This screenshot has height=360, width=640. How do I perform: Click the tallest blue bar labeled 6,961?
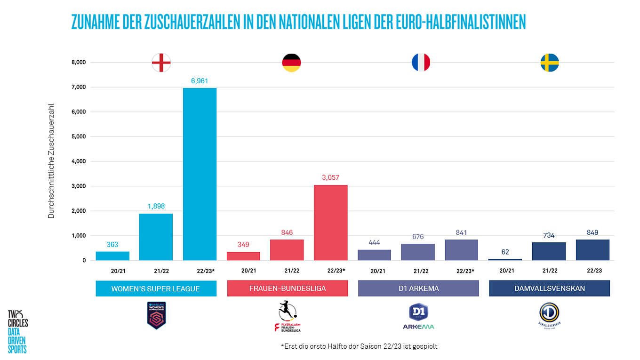[x=200, y=174]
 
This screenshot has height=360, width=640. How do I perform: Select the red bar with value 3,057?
[x=330, y=223]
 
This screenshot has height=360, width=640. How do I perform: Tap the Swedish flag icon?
[x=549, y=63]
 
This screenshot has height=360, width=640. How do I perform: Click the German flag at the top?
[x=291, y=63]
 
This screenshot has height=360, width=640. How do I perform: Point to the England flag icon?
[x=161, y=63]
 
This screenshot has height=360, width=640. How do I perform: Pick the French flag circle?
[x=421, y=63]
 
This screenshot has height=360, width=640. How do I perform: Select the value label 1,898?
[x=156, y=206]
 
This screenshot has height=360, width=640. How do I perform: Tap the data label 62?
[x=505, y=252]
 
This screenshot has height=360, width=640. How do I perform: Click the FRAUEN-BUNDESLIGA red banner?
[x=287, y=288]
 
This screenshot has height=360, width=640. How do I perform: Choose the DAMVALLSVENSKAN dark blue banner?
[x=549, y=288]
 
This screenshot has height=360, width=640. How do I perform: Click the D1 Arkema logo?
[x=418, y=316]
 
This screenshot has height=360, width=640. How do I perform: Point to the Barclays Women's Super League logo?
[x=156, y=315]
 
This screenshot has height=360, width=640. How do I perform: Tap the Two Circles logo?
[x=18, y=331]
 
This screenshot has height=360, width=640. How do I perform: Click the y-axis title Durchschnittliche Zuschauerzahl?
[x=51, y=161]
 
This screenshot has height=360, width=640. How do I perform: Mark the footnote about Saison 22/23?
[x=359, y=346]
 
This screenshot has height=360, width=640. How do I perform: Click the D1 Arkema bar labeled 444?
[x=374, y=255]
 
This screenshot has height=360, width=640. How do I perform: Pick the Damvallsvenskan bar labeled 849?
[x=592, y=250]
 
